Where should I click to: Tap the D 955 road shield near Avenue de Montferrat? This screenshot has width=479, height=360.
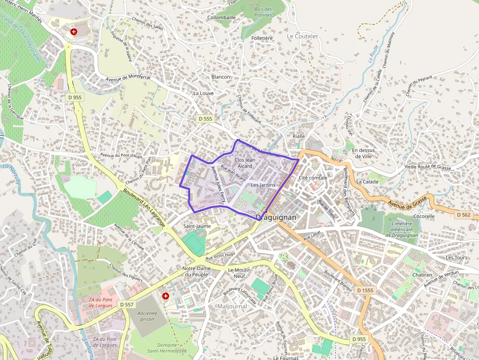pyautogui.click(x=75, y=97)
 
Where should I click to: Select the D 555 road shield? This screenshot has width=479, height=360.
pyautogui.click(x=206, y=119)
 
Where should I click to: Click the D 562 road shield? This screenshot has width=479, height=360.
pyautogui.click(x=463, y=214)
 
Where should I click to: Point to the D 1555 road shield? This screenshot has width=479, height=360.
pyautogui.click(x=365, y=290)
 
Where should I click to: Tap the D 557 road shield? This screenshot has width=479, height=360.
pyautogui.click(x=126, y=304)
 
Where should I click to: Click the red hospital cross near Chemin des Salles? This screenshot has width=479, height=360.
pyautogui.click(x=74, y=32)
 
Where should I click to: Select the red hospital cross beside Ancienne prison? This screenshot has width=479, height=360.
pyautogui.click(x=166, y=296)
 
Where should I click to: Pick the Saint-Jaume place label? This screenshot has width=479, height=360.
pyautogui.click(x=196, y=226)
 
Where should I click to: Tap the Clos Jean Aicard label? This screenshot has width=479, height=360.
pyautogui.click(x=244, y=163)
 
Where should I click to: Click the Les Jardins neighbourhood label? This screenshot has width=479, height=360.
pyautogui.click(x=263, y=185)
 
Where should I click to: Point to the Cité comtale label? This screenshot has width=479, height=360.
pyautogui.click(x=313, y=178)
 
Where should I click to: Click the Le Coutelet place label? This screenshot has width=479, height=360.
pyautogui.click(x=302, y=36)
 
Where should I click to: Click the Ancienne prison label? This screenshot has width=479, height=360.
pyautogui.click(x=147, y=316)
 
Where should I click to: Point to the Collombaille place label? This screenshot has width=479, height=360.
pyautogui.click(x=221, y=17)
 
